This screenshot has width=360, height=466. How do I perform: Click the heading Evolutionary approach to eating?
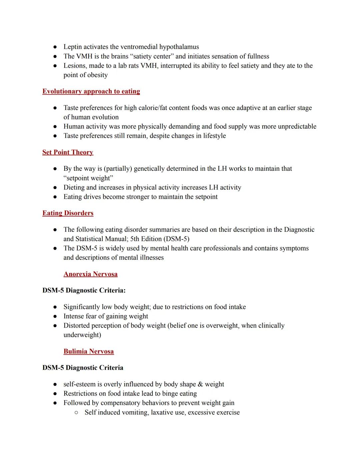[x=91, y=91]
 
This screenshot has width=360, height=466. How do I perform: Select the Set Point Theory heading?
[x=68, y=152]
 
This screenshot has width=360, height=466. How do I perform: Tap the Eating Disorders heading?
[x=68, y=213]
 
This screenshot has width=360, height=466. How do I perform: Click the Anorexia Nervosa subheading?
[x=90, y=274]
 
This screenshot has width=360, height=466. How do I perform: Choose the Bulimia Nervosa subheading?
[x=89, y=352]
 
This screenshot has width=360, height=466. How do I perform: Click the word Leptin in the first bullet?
[x=73, y=47]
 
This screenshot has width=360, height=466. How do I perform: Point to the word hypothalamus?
[x=179, y=47]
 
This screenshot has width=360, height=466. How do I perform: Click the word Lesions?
[x=75, y=66]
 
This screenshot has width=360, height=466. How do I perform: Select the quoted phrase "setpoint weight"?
[x=88, y=178]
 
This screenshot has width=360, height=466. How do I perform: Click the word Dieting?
[x=74, y=187]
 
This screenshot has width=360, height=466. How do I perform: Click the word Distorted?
[x=76, y=326]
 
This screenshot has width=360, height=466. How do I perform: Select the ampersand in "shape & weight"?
[x=200, y=384]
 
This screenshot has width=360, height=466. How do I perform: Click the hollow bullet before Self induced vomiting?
[x=76, y=413]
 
